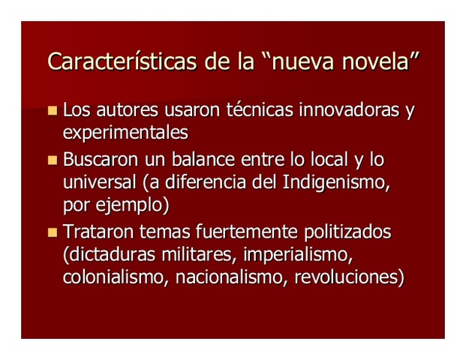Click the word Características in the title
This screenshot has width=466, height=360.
pos(119,62)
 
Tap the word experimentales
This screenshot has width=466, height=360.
pos(125,133)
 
